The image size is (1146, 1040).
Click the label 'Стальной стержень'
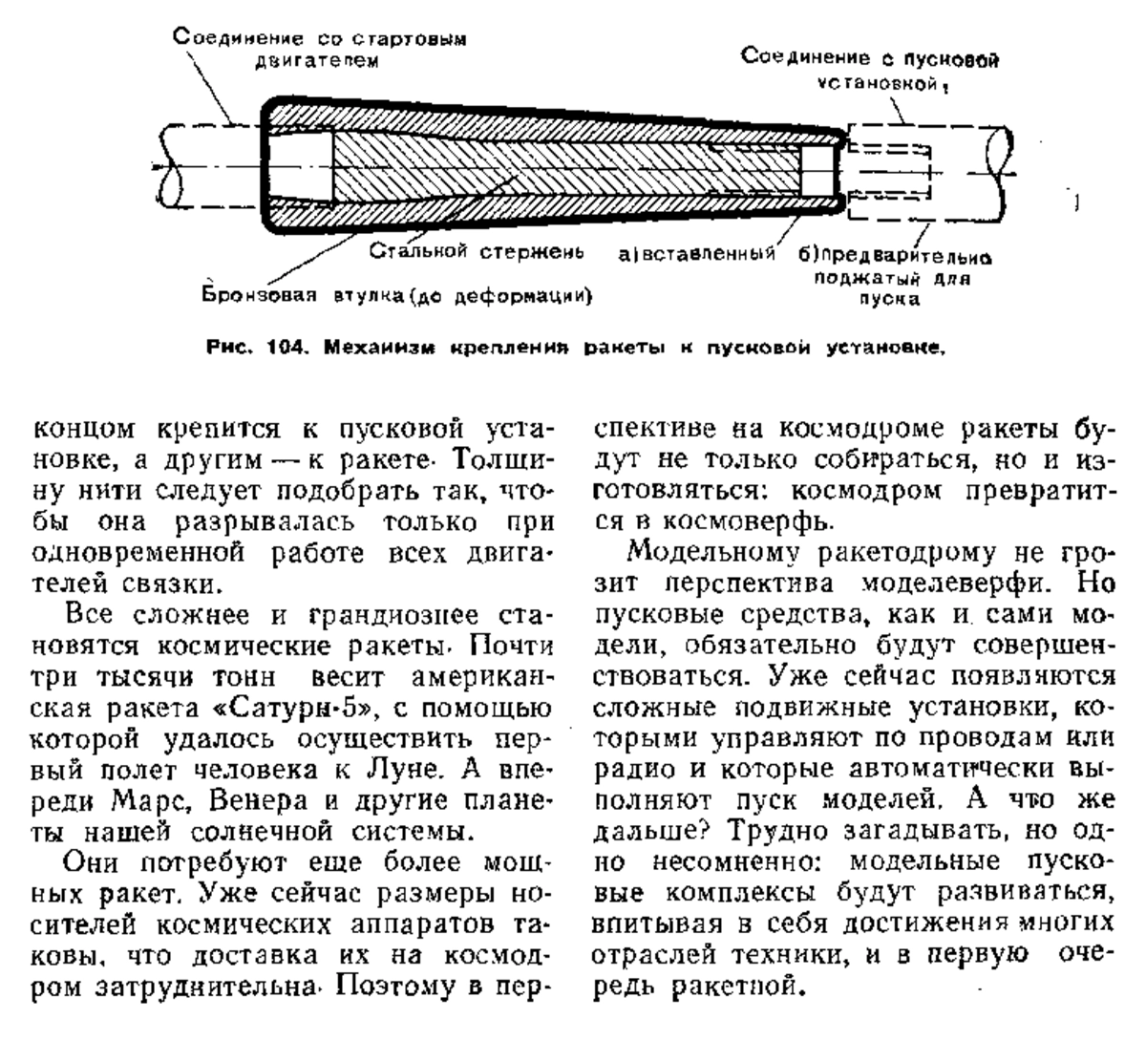[x=477, y=251]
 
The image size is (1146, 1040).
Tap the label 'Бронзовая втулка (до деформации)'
[x=396, y=295]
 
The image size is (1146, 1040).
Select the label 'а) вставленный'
[x=697, y=253]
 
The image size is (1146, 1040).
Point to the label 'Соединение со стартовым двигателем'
[x=320, y=49]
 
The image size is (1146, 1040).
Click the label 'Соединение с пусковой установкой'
[x=870, y=71]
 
